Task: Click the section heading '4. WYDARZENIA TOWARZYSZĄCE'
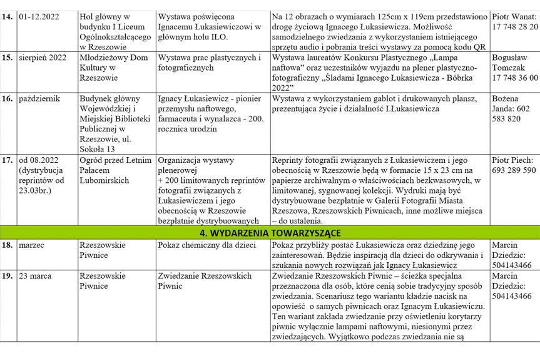point(270,233)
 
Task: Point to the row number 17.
point(8,160)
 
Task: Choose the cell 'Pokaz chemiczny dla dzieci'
point(206,245)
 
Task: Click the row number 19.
point(8,276)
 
